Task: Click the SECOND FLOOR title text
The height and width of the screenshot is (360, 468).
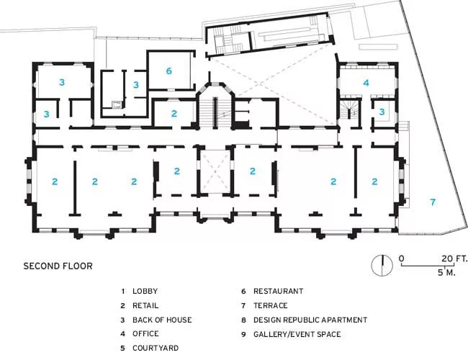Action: pos(58,266)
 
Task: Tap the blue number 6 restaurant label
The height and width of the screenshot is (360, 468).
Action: pos(169,71)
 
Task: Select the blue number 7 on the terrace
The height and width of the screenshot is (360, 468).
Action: pos(433,202)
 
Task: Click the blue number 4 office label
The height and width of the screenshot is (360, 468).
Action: pos(366,83)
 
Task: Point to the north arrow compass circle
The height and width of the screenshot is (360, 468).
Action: pos(382,266)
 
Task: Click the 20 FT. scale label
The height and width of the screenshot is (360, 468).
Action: pos(454,258)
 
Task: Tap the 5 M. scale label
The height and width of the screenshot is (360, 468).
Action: pos(446,273)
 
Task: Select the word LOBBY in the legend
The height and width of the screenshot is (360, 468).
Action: pos(145,291)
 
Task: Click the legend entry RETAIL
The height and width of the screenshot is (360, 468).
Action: pos(145,306)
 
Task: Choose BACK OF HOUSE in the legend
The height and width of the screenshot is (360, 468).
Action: pos(162,320)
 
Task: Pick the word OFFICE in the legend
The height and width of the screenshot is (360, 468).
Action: pos(145,333)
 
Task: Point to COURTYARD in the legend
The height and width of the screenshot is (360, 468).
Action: pos(156,348)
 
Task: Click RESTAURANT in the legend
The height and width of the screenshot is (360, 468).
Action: pos(278,291)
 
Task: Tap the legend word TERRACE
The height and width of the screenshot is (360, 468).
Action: pos(271,306)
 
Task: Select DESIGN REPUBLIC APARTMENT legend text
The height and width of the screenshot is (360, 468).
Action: pos(310,320)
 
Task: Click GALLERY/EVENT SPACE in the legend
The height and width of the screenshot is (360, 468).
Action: pos(297,334)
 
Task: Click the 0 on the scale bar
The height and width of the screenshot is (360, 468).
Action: pos(402,258)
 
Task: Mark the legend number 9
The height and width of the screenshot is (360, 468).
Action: pos(243,334)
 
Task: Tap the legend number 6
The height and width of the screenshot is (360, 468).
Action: pos(243,291)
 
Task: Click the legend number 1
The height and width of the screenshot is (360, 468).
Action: pos(122,291)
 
